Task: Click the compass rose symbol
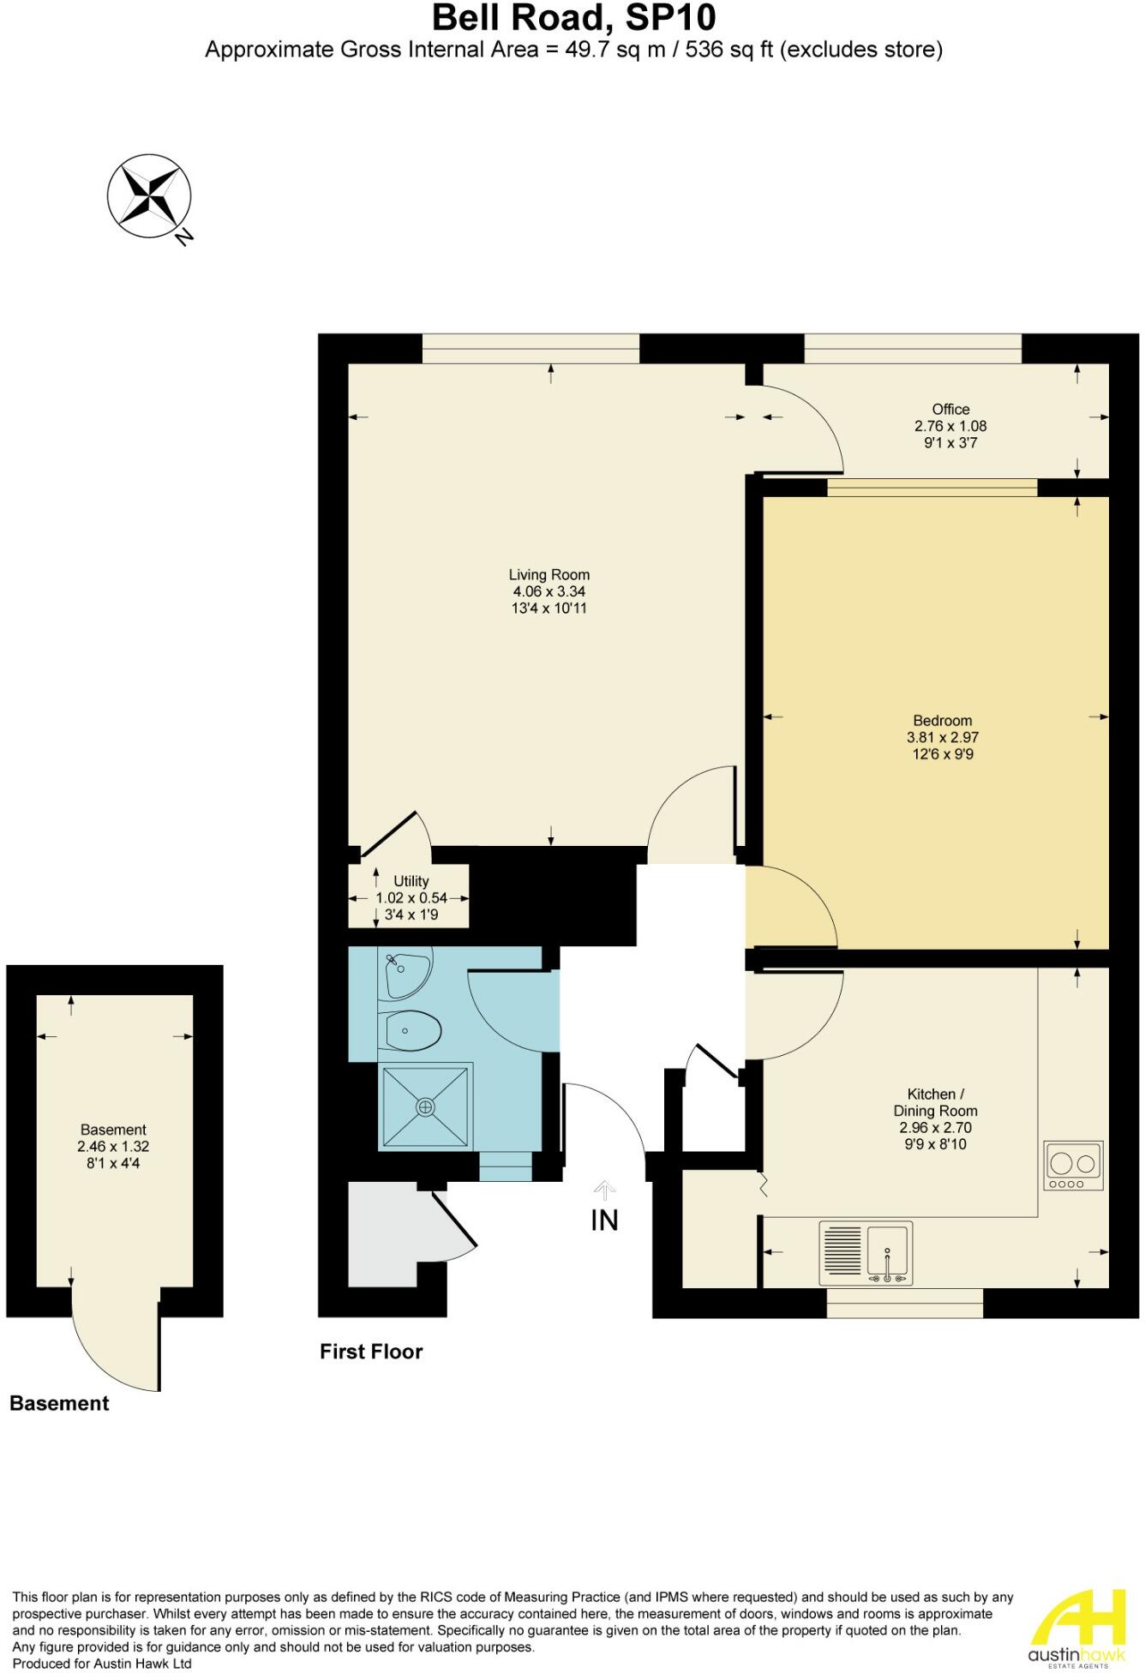pos(149,196)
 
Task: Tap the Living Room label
pos(549,575)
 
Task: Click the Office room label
pos(950,410)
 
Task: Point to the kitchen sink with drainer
pos(866,1252)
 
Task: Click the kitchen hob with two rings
pos(1073,1166)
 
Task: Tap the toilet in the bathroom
pos(413,1030)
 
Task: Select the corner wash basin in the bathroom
pos(405,974)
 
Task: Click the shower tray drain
pos(426,1106)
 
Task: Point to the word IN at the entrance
pos(604,1220)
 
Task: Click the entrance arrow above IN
pos(604,1190)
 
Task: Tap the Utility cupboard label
pos(411,881)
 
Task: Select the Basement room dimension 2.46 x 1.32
pos(113,1147)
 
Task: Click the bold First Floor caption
pos(371,1352)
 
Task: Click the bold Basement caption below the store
pos(59,1403)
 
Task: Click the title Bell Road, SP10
pos(573,18)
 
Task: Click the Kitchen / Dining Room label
pos(935,1102)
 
